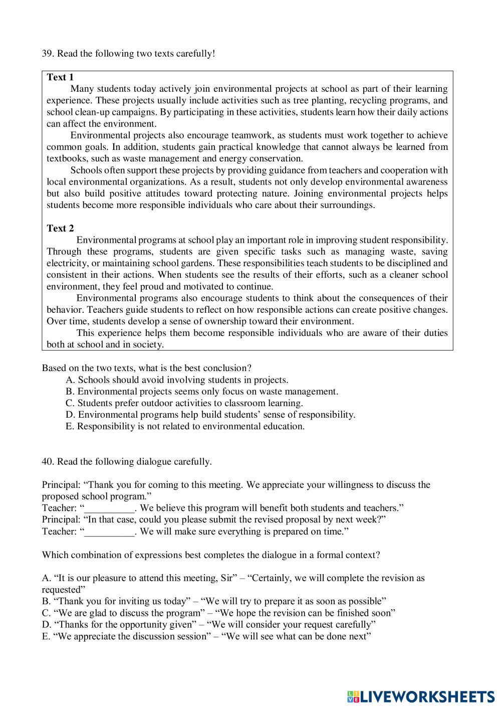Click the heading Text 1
point(60,77)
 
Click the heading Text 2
point(60,228)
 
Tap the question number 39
point(47,54)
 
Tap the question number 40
point(47,462)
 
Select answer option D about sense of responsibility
point(210,415)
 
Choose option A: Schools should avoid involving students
point(177,380)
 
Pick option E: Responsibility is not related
point(185,426)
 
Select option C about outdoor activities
point(184,403)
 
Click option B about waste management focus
point(201,392)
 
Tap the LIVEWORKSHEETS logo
point(420,695)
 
